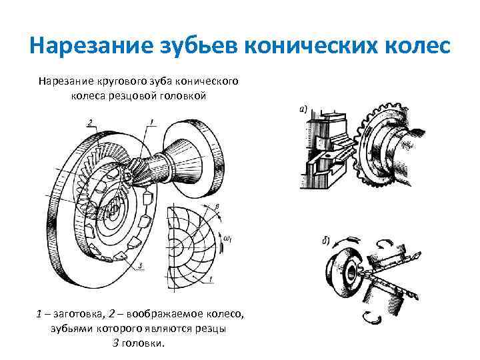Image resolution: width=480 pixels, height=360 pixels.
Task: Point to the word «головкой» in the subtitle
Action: point(185,95)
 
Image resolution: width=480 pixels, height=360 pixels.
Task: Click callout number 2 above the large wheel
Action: point(89,121)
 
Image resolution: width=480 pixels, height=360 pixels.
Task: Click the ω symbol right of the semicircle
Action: point(228,238)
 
